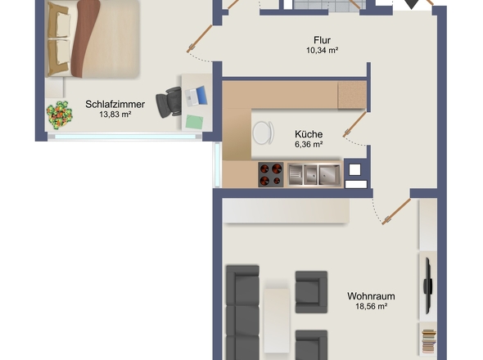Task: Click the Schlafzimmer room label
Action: tap(115, 105)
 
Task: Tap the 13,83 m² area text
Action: tap(115, 115)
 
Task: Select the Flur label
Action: tap(323, 40)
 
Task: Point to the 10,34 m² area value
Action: tap(323, 50)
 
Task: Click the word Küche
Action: tap(309, 134)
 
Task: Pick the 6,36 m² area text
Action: tap(309, 144)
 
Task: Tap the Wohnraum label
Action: tap(371, 296)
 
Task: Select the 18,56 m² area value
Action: tap(371, 307)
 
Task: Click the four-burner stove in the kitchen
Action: tap(271, 174)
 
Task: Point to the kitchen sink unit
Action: tap(314, 174)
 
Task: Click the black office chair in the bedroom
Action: tap(169, 102)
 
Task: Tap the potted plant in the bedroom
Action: tap(59, 115)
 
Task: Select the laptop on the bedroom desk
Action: tap(196, 96)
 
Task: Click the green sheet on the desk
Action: tap(194, 122)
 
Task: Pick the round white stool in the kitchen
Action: tap(264, 133)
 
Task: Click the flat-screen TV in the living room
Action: tap(427, 286)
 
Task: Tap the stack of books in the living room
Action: tap(429, 340)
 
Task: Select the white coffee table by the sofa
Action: tap(277, 320)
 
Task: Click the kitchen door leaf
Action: tap(354, 124)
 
